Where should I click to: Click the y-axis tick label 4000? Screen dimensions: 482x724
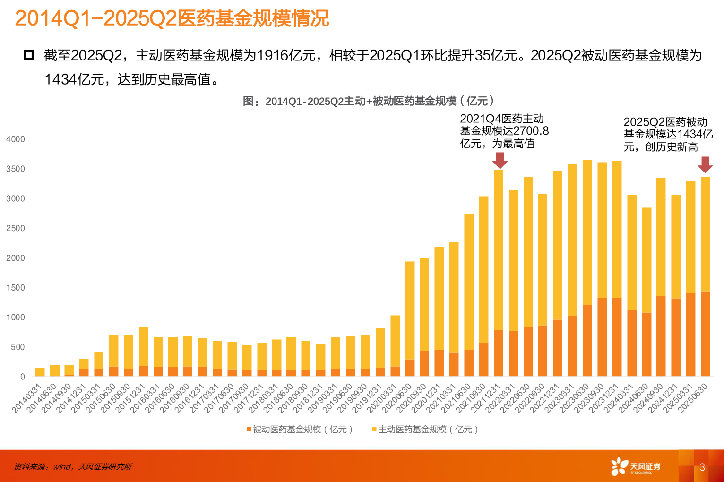[15, 139]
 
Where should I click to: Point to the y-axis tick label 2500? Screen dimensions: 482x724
[15, 228]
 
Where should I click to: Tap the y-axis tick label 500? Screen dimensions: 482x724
[17, 347]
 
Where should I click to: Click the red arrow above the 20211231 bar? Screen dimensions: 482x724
[500, 160]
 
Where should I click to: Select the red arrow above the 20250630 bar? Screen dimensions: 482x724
[705, 164]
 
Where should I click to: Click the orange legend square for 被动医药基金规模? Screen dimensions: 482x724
[249, 429]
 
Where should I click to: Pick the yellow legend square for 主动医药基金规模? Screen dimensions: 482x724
[374, 429]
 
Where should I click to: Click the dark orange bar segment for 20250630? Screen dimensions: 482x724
[705, 334]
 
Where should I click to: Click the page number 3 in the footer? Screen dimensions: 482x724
[702, 467]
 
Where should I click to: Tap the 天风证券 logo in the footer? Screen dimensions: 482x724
[636, 466]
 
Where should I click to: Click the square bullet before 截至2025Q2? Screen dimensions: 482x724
[29, 55]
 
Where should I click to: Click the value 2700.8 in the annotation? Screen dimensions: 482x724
[531, 131]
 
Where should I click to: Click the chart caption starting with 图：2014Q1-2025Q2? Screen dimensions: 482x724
[368, 101]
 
